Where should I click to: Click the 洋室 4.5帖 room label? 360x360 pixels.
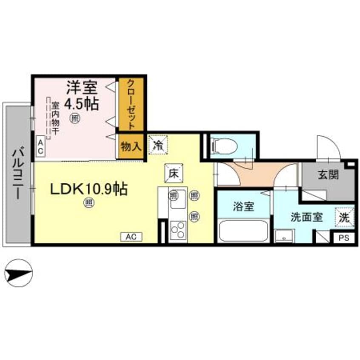pos(82,97)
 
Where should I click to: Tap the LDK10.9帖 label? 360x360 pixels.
pos(89,189)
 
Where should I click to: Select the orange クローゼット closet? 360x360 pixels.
pos(132,104)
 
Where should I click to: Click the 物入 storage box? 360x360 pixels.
pos(131,147)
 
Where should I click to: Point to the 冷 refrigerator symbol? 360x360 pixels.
pos(158,143)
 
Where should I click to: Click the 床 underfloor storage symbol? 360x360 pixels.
pos(173,174)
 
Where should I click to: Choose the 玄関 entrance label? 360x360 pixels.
pos(328,174)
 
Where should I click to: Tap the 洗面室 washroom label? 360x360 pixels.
pos(306,216)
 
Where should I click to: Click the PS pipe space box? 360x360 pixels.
pos(344,238)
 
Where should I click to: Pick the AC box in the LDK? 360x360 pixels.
pos(131,237)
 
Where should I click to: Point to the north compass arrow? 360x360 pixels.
pos(17,274)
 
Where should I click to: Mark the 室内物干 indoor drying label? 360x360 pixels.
pos(55,119)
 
